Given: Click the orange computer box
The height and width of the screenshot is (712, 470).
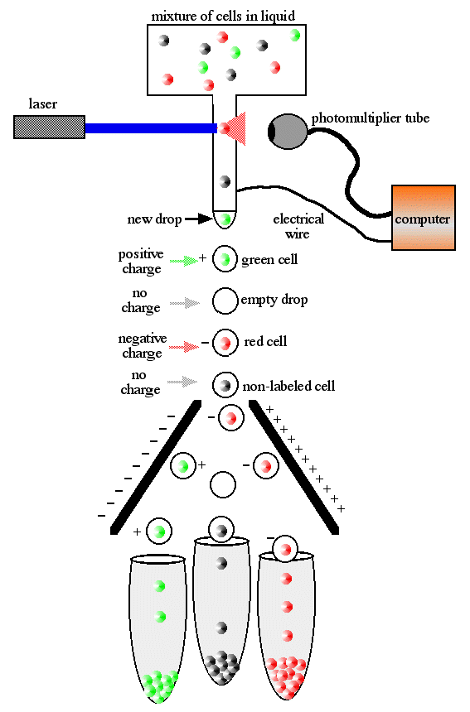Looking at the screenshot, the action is coord(424,218).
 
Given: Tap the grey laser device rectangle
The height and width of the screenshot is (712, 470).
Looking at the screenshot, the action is coord(49,127).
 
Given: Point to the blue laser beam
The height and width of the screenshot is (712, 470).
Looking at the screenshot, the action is coord(151,128).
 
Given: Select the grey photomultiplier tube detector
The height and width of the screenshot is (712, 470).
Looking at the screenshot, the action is coord(288,132).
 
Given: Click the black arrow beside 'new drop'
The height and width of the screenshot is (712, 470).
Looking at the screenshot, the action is coord(198,219).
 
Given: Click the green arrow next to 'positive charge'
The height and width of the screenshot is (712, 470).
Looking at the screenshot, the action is coord(184,261).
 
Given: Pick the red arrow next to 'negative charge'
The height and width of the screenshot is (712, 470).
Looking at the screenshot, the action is coord(184,348).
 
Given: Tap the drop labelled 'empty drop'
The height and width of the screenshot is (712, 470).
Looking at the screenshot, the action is coord(225,301).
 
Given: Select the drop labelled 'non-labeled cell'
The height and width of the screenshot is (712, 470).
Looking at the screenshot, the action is coord(225,385).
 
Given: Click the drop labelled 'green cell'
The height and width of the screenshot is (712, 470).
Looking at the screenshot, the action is coord(225,259).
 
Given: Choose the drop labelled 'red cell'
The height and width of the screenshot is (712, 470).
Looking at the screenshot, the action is coord(225,342).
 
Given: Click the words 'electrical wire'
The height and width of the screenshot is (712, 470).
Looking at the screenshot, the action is coord(298,226).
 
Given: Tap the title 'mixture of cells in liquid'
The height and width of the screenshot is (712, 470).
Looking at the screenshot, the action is coord(223,17).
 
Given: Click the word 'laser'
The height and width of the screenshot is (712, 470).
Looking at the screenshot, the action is coord(43,104).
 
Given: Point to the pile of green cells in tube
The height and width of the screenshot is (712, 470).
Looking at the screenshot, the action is coord(159,686).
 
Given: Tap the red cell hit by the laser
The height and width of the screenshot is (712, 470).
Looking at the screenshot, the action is coord(224,128).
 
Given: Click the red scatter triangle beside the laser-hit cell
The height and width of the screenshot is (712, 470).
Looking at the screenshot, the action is coord(237,128).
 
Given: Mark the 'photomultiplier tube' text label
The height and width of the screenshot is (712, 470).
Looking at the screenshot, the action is coord(371,118).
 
